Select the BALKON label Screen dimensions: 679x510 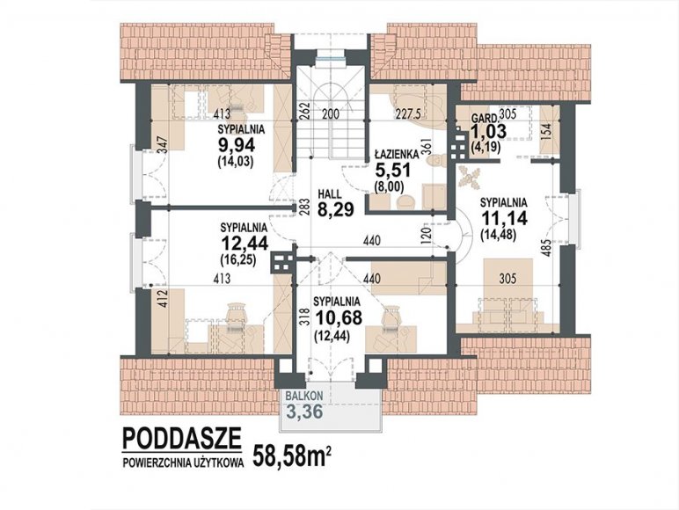304,396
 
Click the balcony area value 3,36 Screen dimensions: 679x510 304,412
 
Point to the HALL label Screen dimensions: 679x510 329,194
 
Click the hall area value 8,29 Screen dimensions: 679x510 336,210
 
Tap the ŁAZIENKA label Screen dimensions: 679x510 396,154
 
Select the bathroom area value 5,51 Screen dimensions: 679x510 393,170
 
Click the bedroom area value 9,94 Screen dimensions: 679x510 237,144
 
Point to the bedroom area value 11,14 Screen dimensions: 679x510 504,218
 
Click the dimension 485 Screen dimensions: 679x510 547,248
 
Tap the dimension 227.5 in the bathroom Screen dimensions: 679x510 408,113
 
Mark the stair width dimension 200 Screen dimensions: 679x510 331,113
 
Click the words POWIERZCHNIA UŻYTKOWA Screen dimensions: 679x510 183,463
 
